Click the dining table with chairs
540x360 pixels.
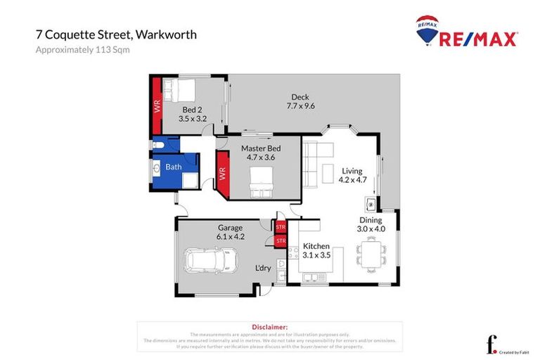(370, 253)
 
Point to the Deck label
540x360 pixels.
(297, 97)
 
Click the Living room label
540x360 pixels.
(352, 171)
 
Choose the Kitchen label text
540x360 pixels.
(316, 245)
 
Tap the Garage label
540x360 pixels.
(230, 227)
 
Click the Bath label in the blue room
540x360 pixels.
(173, 167)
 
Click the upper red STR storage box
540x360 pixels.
(281, 227)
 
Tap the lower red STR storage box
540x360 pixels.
(281, 241)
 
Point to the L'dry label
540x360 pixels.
(263, 269)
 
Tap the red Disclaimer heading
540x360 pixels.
(269, 327)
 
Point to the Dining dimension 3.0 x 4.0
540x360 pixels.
(371, 229)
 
